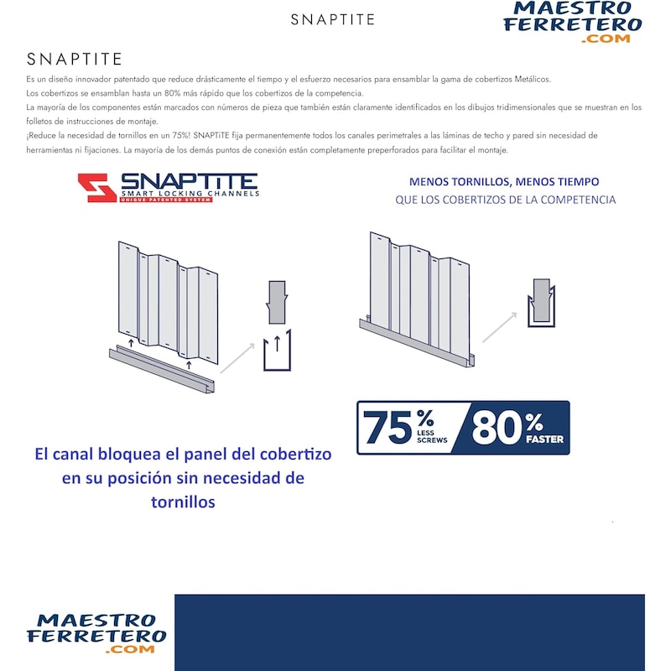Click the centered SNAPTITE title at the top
(333, 19)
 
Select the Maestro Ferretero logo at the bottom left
(96, 632)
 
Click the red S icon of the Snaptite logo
(96, 188)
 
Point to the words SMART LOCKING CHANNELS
(190, 194)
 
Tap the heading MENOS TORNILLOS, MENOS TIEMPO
(504, 182)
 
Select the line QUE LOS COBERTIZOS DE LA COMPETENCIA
(505, 200)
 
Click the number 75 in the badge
(388, 428)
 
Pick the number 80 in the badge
(497, 428)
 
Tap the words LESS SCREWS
(432, 438)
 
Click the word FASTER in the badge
(545, 439)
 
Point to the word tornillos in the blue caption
(182, 502)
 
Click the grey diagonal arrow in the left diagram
(237, 356)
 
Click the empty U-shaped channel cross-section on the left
(277, 351)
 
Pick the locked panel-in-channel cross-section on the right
(542, 303)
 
